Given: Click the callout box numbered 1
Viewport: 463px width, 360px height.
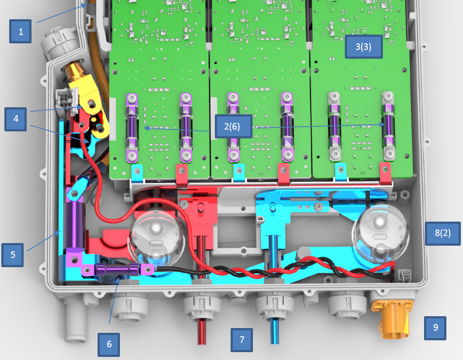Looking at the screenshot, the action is (x=21, y=32).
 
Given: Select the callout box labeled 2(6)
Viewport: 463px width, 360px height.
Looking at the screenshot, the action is (x=233, y=126).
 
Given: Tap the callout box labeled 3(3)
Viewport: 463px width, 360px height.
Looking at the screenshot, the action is (x=364, y=46).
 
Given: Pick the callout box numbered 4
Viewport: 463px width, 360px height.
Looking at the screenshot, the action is (x=16, y=119).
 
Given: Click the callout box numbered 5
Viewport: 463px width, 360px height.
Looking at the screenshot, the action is (x=13, y=255).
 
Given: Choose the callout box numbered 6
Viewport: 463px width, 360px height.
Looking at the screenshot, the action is (x=109, y=344).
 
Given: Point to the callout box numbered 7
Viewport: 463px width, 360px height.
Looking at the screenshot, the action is (x=242, y=340).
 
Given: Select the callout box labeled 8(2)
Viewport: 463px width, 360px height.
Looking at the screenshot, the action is (x=442, y=233).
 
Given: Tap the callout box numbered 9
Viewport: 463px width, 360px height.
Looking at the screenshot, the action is (x=435, y=328).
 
